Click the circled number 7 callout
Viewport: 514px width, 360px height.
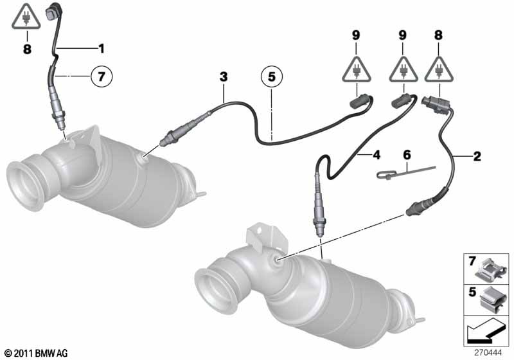pyautogui.click(x=102, y=76)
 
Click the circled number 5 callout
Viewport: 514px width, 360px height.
pyautogui.click(x=272, y=76)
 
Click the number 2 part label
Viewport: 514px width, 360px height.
pyautogui.click(x=477, y=156)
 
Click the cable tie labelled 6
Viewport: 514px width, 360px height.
pyautogui.click(x=406, y=172)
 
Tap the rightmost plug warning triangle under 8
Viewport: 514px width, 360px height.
pyautogui.click(x=439, y=71)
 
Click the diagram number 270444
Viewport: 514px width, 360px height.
pyautogui.click(x=488, y=353)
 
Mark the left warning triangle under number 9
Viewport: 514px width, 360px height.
pyautogui.click(x=357, y=71)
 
